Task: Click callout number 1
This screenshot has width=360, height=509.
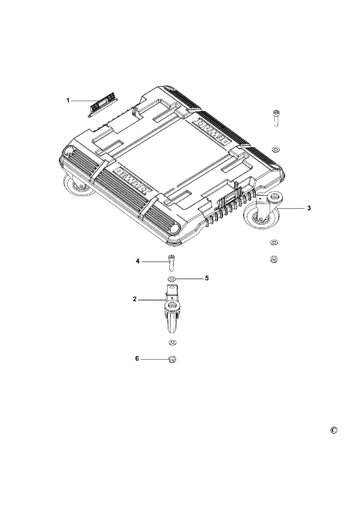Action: (68, 101)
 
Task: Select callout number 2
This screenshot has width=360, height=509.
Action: (135, 299)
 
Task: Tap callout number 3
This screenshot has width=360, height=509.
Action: (309, 208)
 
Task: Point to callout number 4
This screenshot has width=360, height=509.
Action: (138, 261)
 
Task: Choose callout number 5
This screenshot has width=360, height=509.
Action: (207, 278)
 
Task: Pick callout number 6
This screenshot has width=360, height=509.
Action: (137, 359)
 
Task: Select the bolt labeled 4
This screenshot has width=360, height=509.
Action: (172, 263)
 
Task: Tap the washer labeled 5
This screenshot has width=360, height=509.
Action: (171, 279)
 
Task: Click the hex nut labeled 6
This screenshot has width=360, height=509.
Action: (172, 360)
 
